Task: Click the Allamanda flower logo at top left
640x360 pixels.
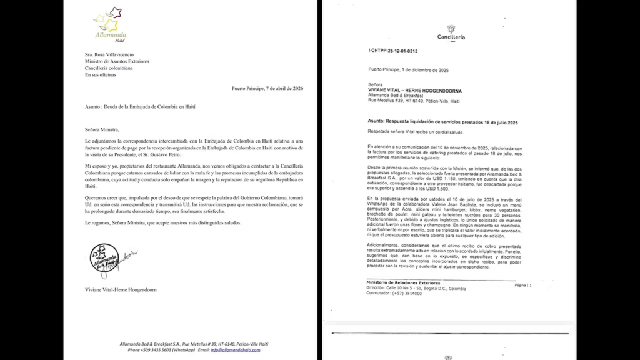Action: pos(109,22)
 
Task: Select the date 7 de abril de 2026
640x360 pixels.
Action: pos(276,88)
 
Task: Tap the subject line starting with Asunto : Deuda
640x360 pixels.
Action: pos(140,107)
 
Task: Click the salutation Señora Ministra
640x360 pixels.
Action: pos(102,129)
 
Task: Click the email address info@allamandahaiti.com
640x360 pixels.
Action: pos(235,350)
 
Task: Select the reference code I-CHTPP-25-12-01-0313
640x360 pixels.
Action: pos(393,51)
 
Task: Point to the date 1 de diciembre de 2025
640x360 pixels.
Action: pos(426,70)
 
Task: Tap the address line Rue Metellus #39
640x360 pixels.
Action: pos(414,101)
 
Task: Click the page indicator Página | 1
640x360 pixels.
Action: pos(522,285)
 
